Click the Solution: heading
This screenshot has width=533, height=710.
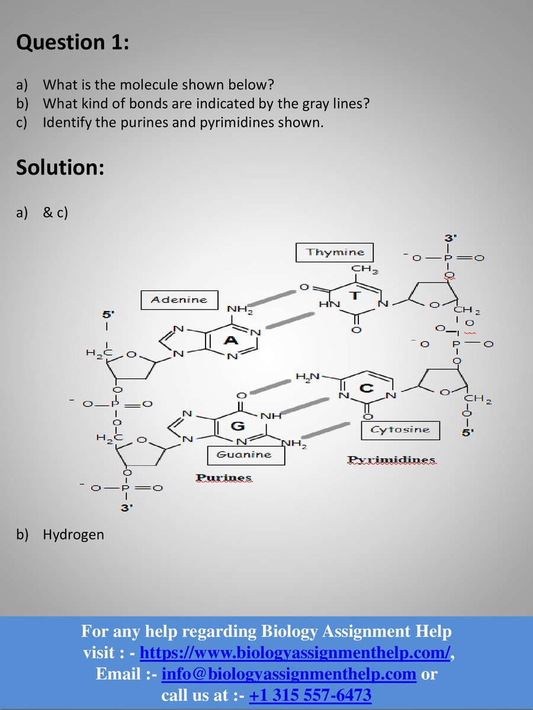(x=60, y=167)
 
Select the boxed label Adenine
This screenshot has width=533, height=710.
(x=179, y=300)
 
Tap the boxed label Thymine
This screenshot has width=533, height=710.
(x=335, y=253)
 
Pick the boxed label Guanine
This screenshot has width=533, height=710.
(x=245, y=454)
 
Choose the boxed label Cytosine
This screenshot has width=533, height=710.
(x=400, y=430)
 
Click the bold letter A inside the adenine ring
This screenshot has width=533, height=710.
(x=231, y=341)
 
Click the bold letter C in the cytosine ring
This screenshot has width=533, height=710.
(x=367, y=388)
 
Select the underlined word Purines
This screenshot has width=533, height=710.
(x=223, y=477)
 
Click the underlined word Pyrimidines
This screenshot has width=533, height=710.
(x=391, y=460)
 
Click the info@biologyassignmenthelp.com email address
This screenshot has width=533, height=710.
(x=288, y=674)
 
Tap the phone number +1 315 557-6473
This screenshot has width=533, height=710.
(x=310, y=695)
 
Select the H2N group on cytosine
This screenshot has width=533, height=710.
(x=307, y=376)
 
